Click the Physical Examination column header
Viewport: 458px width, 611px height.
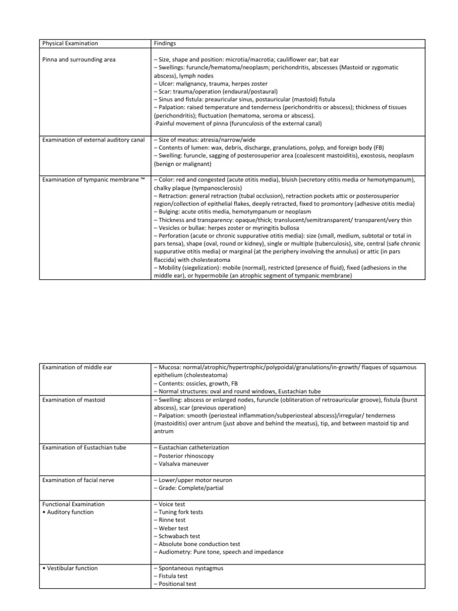click(x=70, y=44)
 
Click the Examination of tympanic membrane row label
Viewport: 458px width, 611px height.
click(x=93, y=180)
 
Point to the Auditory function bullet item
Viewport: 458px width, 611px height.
click(x=69, y=512)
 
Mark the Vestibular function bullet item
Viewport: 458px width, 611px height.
click(x=70, y=568)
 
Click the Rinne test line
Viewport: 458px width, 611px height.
click(x=171, y=520)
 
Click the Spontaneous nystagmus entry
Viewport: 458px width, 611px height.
click(x=188, y=569)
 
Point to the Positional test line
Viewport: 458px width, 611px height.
click(x=176, y=585)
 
